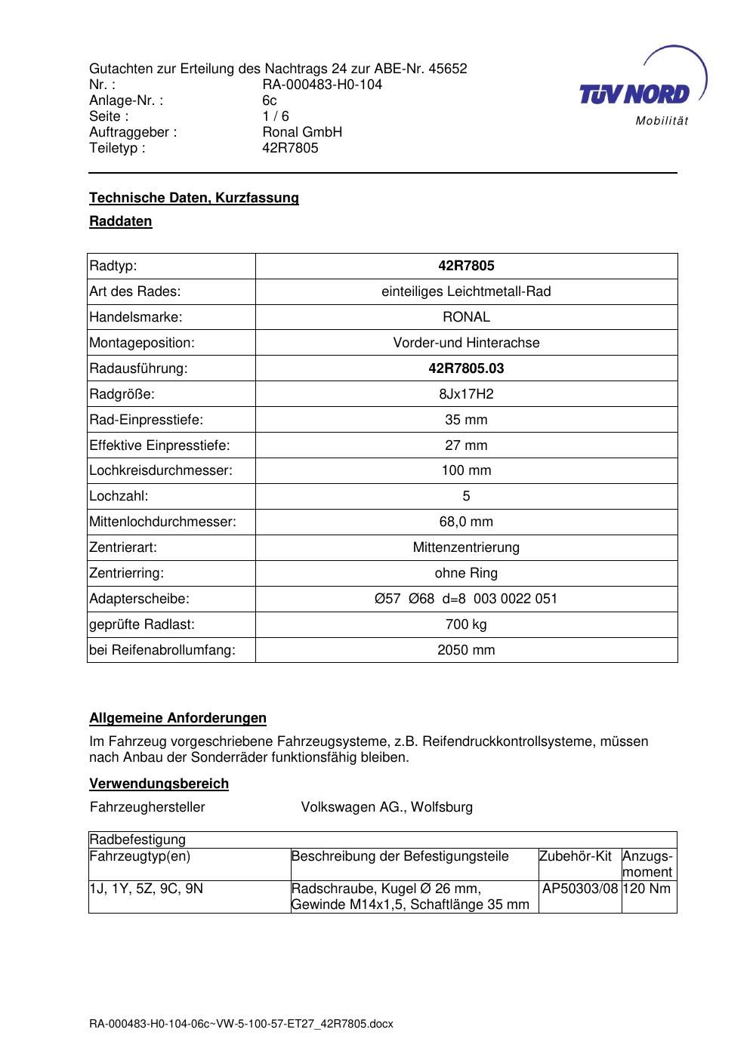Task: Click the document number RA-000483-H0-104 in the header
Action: tap(322, 85)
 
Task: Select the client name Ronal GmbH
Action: tap(302, 132)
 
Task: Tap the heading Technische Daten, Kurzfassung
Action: tap(194, 198)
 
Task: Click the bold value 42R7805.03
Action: tap(466, 368)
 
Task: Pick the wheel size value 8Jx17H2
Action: tap(466, 394)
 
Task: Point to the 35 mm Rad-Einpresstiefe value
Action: tap(466, 420)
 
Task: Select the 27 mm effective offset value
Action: tap(466, 445)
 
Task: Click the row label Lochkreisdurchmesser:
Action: tap(161, 470)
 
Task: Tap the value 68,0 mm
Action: tap(466, 522)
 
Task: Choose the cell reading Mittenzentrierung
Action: tap(466, 547)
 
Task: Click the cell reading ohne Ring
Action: tap(466, 573)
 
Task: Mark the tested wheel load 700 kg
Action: tap(466, 624)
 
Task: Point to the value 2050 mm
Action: tap(466, 650)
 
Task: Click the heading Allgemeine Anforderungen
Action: tap(178, 718)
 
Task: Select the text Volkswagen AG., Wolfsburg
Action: tap(387, 807)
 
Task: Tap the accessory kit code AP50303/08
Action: tap(580, 889)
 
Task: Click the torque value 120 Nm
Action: tap(648, 889)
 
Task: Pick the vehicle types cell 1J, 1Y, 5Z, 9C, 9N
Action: tap(147, 889)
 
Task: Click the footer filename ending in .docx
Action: tap(242, 1025)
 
